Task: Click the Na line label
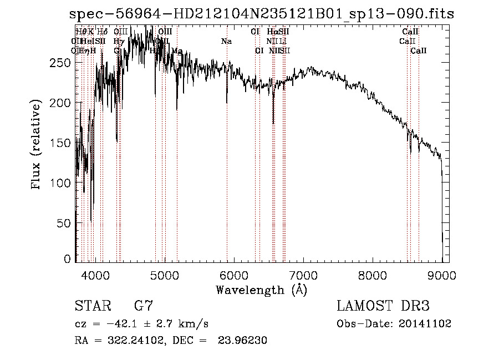click(x=226, y=42)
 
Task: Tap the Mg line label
click(x=177, y=51)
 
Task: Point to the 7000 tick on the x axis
click(x=303, y=275)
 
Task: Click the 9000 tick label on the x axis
click(x=442, y=275)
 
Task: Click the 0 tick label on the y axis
click(x=67, y=259)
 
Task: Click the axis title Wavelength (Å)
click(x=261, y=290)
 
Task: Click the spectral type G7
click(x=143, y=306)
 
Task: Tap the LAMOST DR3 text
click(x=383, y=306)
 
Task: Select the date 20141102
click(x=425, y=324)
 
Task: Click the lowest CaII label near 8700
click(x=419, y=51)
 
